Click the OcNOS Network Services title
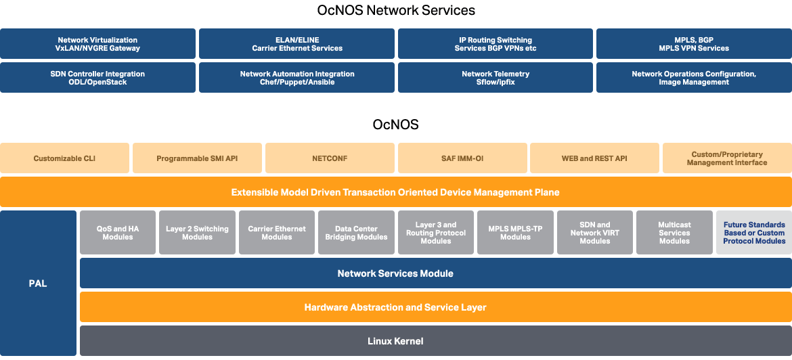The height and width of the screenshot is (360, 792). point(396,11)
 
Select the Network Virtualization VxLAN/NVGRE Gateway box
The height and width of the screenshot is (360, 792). point(97,44)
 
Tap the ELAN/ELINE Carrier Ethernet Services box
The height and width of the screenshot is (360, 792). point(296,44)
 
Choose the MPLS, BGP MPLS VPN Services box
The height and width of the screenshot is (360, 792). point(694,44)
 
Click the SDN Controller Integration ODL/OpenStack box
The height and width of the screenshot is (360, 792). point(97,78)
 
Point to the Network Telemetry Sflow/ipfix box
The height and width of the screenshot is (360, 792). point(496,78)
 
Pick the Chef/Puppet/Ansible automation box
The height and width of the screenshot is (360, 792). point(296,78)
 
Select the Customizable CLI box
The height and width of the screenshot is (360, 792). point(64,158)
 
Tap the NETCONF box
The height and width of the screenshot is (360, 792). point(330,158)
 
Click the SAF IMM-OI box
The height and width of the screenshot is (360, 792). point(462,158)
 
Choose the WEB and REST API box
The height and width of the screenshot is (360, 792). point(594,158)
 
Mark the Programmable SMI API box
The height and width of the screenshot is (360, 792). point(197,158)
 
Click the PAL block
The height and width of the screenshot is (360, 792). point(38,284)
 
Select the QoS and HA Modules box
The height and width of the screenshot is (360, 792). point(118,233)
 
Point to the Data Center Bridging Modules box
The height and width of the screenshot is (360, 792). point(356,233)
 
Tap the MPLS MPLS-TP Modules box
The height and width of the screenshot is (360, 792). point(515,233)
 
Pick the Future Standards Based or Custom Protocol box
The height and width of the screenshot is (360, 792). point(754,233)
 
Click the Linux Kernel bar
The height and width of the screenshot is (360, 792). point(436,341)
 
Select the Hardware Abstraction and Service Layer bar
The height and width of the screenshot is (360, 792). point(436,307)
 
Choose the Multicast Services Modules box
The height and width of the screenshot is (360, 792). point(674,233)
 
